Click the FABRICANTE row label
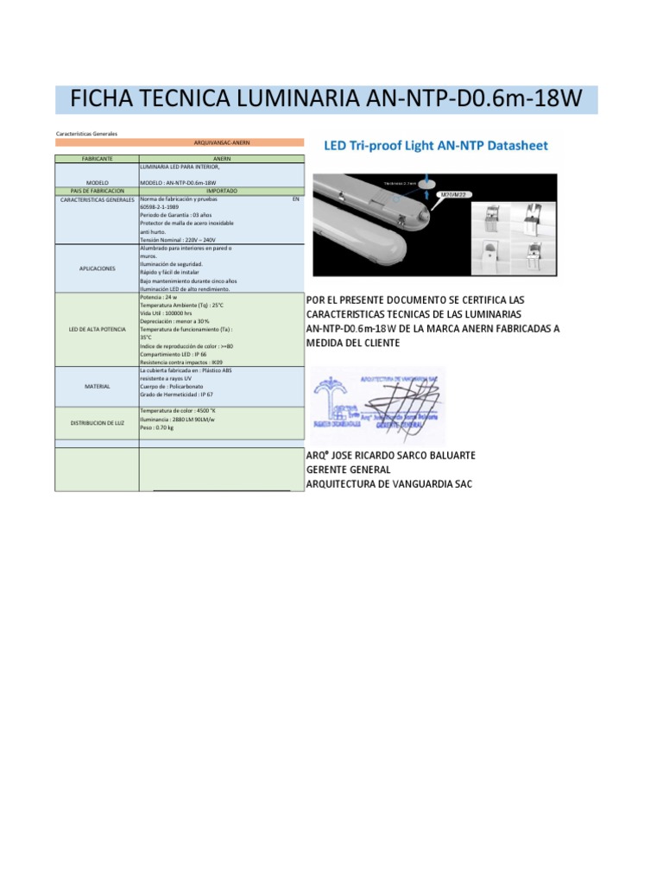coord(98,160)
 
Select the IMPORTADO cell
coord(222,191)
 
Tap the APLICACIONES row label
coord(98,268)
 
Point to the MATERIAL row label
coord(98,386)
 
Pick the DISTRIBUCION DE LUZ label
coord(98,422)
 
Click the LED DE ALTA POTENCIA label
coord(98,330)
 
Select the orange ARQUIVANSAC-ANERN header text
coord(222,142)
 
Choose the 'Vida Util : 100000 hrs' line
coord(167,313)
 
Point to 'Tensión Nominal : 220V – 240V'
coord(177,240)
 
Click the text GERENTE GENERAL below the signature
coord(348,470)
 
